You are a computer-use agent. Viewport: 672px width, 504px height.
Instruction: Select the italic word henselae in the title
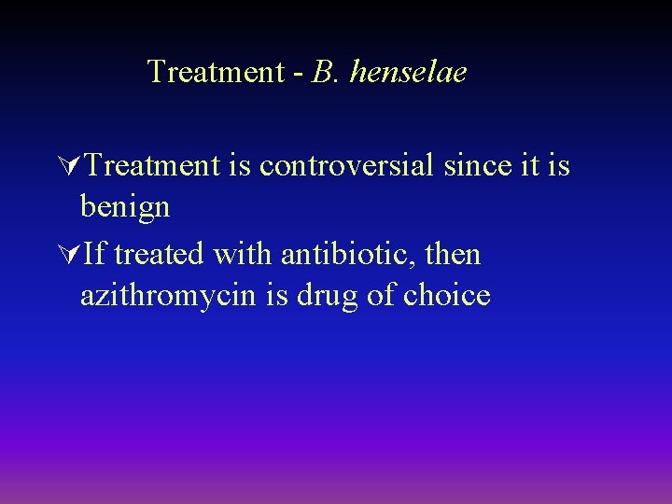408,72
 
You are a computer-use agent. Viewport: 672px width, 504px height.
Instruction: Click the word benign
125,207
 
